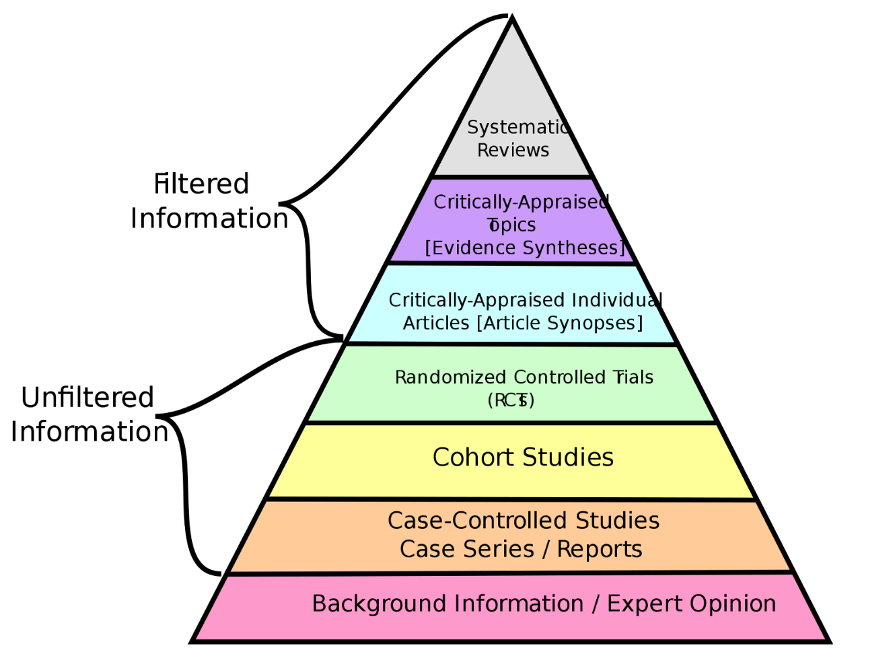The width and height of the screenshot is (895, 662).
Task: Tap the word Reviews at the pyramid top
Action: tap(513, 150)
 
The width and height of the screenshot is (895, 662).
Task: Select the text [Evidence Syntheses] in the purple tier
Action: tap(525, 248)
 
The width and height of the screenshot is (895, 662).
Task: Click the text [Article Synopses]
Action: tap(559, 324)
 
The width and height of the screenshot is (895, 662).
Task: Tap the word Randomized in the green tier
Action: tap(450, 377)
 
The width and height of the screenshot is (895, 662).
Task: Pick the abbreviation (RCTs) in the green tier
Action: tap(511, 400)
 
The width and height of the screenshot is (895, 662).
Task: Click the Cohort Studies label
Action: tap(523, 457)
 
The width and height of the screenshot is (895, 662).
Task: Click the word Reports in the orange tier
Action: tap(599, 550)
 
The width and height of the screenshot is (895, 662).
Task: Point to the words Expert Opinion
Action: tap(691, 604)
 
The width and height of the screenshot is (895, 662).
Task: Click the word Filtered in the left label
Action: tap(201, 184)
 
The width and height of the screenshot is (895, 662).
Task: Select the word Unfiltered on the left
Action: tap(87, 398)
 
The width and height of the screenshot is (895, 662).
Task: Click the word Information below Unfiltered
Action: tap(89, 432)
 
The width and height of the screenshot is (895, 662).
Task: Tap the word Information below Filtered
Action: tap(209, 219)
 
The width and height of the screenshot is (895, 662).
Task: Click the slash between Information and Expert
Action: tap(596, 604)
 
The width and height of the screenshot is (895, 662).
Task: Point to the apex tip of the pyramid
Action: tap(512, 18)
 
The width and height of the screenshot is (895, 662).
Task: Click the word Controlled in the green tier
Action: tap(560, 377)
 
